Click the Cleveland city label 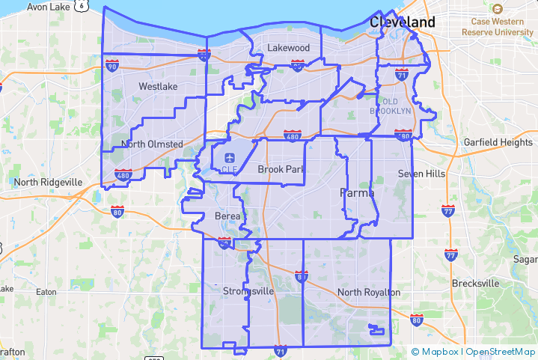[x=403, y=22]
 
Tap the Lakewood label [x=289, y=48]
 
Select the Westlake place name [x=159, y=86]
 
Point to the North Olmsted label [x=152, y=144]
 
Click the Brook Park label [x=281, y=169]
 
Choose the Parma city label [x=357, y=192]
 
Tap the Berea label [x=228, y=216]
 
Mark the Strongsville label [x=248, y=290]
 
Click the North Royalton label [x=369, y=292]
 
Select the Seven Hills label [x=421, y=174]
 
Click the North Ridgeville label [x=48, y=182]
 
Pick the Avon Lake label [x=48, y=7]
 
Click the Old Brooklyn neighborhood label [x=391, y=106]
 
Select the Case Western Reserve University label [x=498, y=27]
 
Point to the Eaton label [x=46, y=292]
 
